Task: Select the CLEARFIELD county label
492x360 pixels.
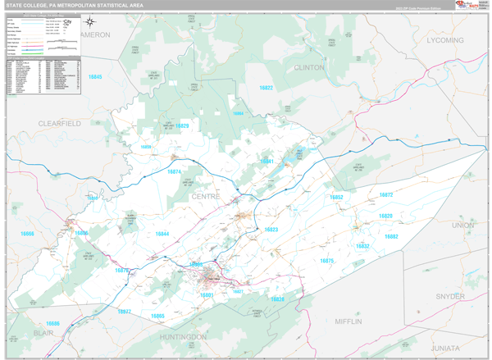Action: click(x=59, y=122)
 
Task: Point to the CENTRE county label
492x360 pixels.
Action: click(x=207, y=197)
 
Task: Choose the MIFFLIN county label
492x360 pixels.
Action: click(x=348, y=321)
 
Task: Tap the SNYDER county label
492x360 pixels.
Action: click(x=450, y=295)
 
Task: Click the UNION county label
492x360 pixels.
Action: click(x=462, y=224)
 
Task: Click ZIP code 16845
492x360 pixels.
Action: click(x=95, y=76)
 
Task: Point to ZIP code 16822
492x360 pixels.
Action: click(x=266, y=87)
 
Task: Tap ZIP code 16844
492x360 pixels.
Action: click(x=162, y=234)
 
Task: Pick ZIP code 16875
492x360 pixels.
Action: click(x=327, y=260)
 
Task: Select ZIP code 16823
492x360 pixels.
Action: click(x=271, y=229)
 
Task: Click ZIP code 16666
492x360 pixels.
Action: click(x=28, y=234)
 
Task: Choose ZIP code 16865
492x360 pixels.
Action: click(x=157, y=316)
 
